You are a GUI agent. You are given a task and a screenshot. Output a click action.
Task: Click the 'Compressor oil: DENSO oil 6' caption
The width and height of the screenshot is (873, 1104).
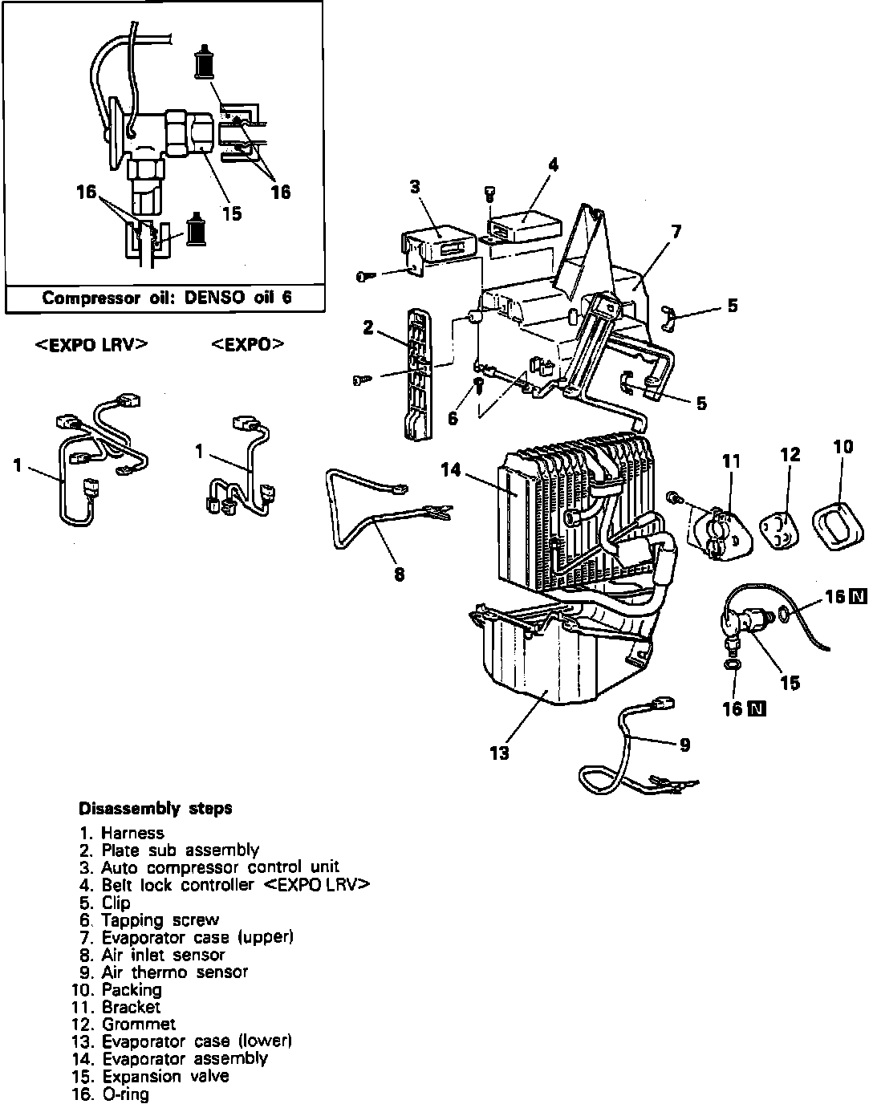(x=167, y=298)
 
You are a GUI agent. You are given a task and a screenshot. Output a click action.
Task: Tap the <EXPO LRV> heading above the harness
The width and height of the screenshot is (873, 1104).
(x=91, y=344)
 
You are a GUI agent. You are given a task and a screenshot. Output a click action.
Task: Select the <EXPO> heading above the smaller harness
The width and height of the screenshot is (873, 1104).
(x=248, y=344)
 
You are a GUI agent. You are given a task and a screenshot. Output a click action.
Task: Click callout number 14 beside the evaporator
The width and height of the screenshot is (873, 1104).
(x=452, y=469)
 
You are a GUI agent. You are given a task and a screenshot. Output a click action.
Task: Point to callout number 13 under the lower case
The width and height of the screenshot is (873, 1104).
(x=499, y=753)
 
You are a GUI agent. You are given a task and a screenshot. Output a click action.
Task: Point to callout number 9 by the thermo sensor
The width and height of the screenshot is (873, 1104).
(x=684, y=745)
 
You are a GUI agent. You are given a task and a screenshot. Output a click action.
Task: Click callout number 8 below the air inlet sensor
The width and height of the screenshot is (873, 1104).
(x=400, y=574)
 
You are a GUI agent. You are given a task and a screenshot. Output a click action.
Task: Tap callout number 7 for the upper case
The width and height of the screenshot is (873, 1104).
(x=676, y=232)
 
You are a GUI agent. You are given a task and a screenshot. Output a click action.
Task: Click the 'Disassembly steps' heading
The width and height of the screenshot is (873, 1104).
(x=155, y=808)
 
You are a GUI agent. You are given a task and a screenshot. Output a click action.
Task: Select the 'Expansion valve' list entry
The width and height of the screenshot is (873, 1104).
(x=164, y=1077)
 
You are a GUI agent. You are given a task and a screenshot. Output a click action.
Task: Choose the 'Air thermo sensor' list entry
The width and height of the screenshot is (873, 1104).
(x=174, y=972)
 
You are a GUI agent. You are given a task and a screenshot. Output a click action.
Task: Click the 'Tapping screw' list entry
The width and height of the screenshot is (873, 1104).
(x=160, y=919)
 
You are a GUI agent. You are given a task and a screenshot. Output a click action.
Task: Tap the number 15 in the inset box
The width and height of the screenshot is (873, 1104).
(x=231, y=213)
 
